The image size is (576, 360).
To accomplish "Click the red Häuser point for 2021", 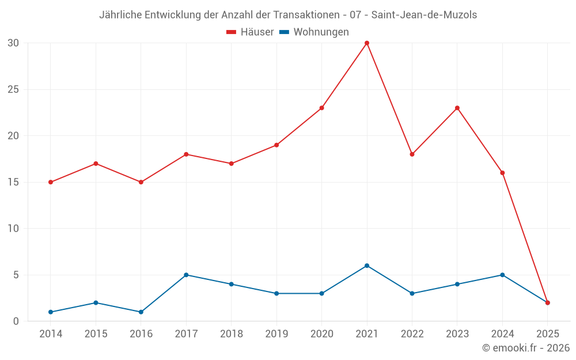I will click(367, 43).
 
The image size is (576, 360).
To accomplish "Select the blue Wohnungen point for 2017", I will click(186, 275).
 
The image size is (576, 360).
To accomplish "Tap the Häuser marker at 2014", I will click(51, 182).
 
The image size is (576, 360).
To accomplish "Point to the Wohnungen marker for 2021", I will click(367, 266).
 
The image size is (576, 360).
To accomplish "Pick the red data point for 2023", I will click(457, 108).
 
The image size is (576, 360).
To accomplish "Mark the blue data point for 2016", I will click(141, 312).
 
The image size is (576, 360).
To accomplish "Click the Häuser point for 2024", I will click(502, 173).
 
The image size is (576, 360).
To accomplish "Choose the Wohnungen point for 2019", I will click(276, 293).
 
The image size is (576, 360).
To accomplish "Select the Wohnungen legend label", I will click(321, 32).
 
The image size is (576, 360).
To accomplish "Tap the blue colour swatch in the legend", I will click(284, 32).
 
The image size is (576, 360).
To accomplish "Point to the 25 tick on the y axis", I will click(13, 89).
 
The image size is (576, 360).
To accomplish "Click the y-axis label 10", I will click(13, 228).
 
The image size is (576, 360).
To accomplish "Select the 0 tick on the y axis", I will click(16, 321).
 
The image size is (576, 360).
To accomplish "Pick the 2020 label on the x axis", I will click(321, 334).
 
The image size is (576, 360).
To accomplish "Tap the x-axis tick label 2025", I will click(547, 334).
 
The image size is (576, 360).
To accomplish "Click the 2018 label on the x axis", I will click(231, 334).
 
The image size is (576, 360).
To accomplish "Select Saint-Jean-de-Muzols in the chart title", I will click(424, 15).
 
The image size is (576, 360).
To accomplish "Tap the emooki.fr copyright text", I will click(525, 348).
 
